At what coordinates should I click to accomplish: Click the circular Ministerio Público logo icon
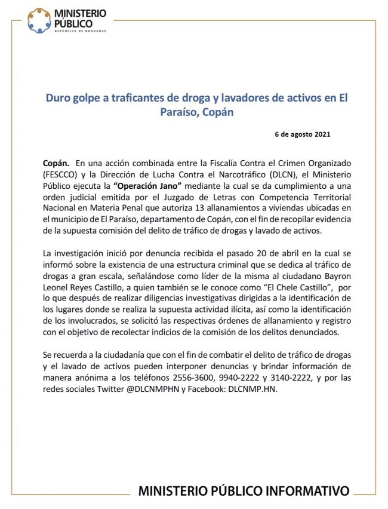[x=39, y=20]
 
